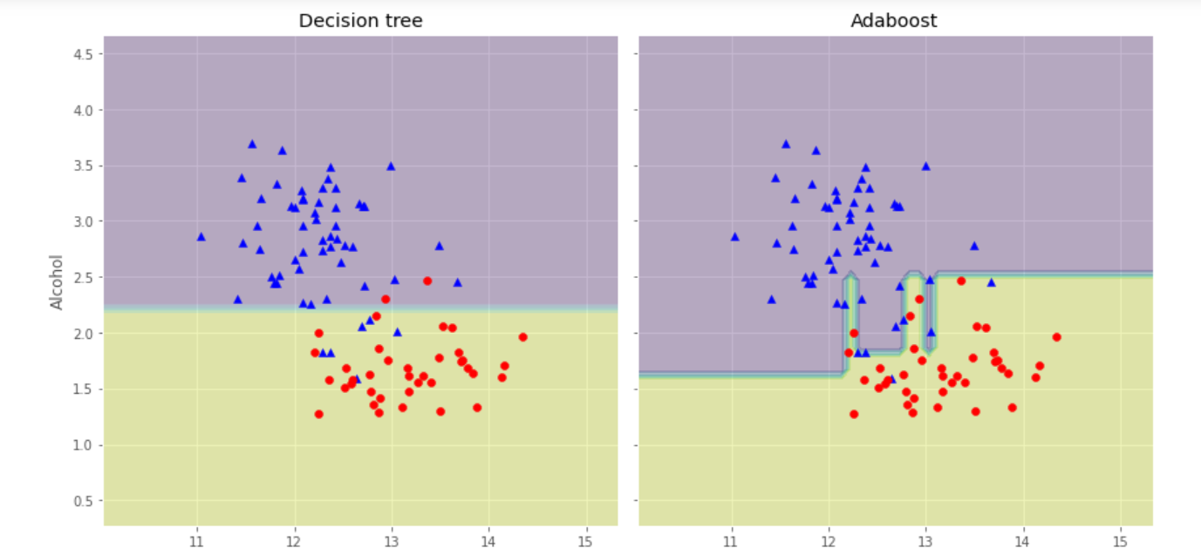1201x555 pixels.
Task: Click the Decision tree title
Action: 360,21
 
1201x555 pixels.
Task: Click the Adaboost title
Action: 894,21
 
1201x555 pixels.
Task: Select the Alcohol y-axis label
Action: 58,281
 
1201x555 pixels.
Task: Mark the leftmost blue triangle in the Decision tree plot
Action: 201,237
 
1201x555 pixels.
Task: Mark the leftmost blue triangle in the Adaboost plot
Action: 735,237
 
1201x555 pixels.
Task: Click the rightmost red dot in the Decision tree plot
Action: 522,337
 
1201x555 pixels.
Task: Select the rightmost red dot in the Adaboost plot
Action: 1056,337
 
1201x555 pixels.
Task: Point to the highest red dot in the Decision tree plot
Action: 427,281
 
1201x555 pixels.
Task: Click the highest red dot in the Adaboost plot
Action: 961,281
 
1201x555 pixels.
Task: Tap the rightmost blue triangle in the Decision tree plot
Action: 457,282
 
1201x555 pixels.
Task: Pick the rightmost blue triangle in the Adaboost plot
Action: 991,282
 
